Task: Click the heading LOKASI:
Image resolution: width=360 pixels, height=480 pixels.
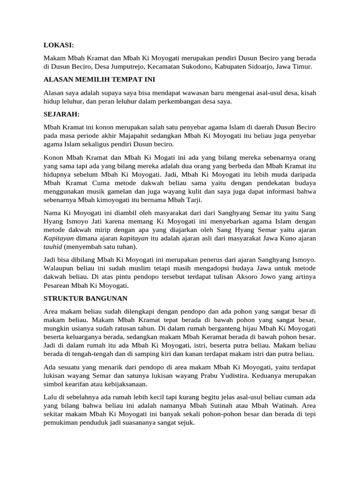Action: (59, 45)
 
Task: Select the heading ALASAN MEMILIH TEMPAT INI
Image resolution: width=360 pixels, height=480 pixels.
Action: (99, 79)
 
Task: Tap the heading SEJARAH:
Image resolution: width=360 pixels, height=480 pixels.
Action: (61, 114)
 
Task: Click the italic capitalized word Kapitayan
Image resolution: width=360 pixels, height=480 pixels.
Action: (59, 239)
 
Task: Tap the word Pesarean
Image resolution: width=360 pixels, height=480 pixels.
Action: (59, 285)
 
